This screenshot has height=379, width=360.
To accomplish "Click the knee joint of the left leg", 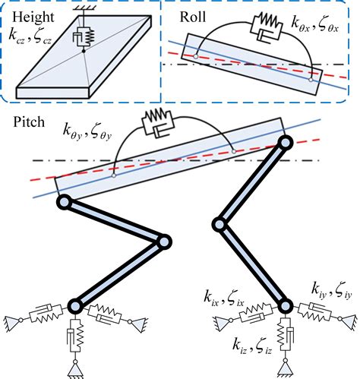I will (163, 242).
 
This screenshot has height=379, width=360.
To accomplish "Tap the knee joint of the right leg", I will (219, 224).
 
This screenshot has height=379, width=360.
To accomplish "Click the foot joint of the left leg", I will (75, 306).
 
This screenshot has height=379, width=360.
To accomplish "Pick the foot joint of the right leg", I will (285, 306).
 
